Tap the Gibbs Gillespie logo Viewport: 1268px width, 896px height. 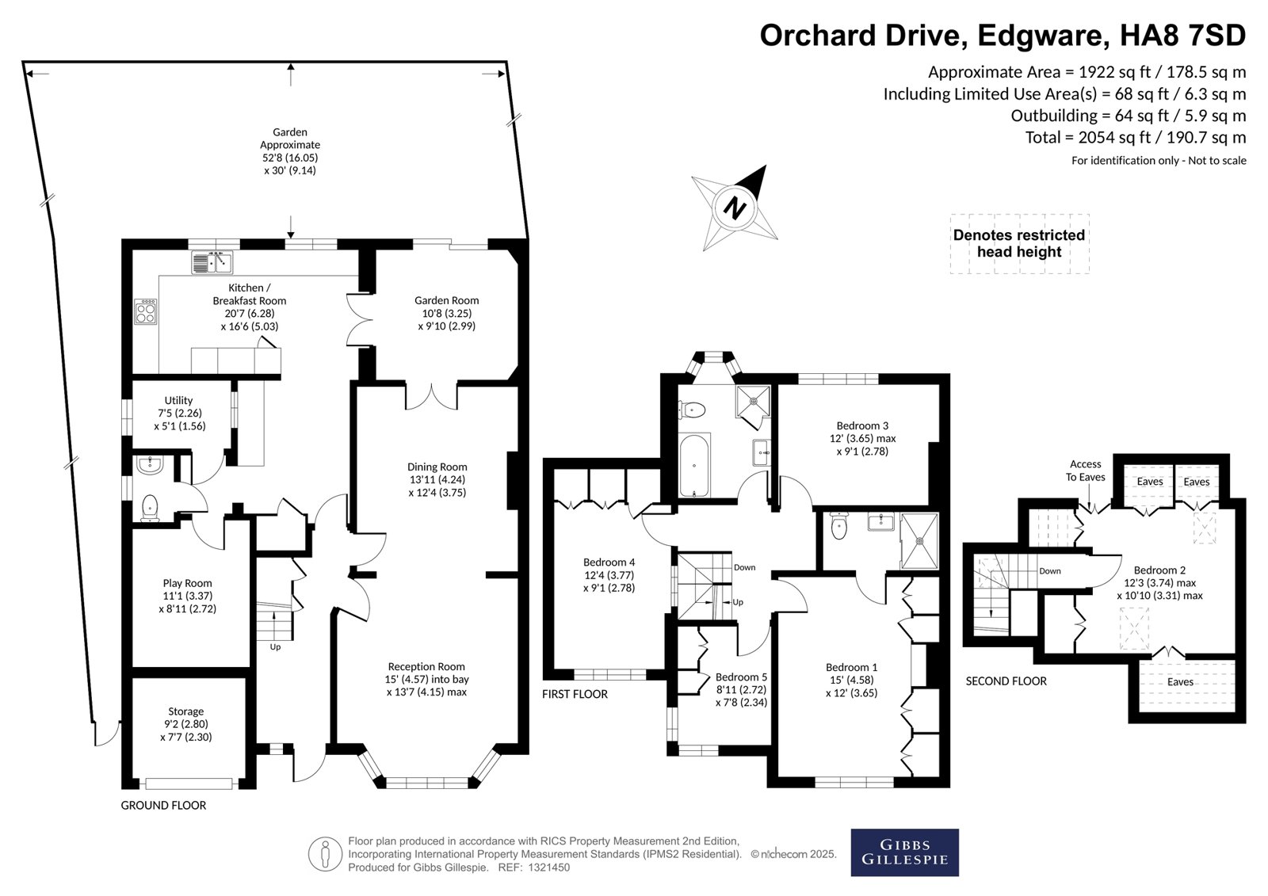tap(904, 852)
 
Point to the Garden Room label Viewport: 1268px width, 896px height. tap(447, 313)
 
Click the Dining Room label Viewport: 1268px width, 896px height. tap(437, 479)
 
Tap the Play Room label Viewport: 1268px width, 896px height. tap(187, 596)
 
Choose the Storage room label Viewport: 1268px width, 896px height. tap(185, 724)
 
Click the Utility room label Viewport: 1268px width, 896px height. tap(179, 414)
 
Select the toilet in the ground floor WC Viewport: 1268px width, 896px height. tap(150, 508)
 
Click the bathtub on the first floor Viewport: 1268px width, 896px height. tap(694, 465)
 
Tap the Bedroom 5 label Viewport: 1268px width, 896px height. tap(742, 689)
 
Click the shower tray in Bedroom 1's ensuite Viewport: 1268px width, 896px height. tap(919, 540)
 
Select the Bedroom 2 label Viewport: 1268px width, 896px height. tap(1160, 582)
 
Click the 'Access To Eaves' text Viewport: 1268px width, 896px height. tap(1085, 471)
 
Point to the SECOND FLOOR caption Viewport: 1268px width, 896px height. tap(1006, 681)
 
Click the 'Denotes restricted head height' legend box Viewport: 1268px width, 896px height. tap(1019, 243)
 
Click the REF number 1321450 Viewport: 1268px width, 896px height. tap(549, 867)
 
